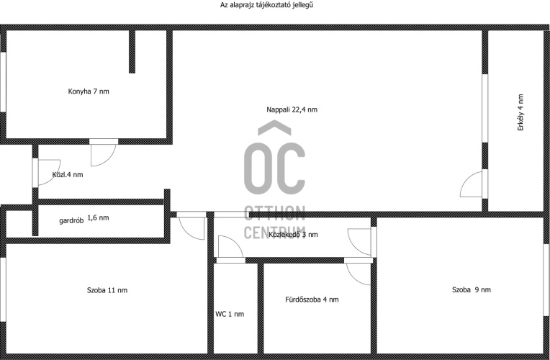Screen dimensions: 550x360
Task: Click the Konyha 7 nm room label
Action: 89,91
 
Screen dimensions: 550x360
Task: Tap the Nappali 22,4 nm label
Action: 292,110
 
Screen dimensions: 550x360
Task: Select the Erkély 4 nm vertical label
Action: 520,112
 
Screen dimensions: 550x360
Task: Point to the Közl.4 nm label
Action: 68,175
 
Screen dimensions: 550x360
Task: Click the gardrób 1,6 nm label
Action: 84,219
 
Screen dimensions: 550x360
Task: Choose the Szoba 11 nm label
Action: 107,290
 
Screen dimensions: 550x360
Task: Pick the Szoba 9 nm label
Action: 472,290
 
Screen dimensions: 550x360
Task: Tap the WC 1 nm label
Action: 230,315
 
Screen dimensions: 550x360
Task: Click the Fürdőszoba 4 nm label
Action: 312,300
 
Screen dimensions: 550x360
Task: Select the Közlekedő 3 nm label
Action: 293,235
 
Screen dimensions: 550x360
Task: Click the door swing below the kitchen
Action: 103,153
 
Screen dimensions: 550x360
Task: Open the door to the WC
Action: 230,249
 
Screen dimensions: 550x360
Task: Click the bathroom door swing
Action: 358,271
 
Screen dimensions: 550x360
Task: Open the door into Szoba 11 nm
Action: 191,226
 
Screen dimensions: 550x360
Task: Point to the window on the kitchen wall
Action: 3,83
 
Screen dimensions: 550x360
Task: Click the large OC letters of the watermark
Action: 275,168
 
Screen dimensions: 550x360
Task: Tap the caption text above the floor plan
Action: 266,5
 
